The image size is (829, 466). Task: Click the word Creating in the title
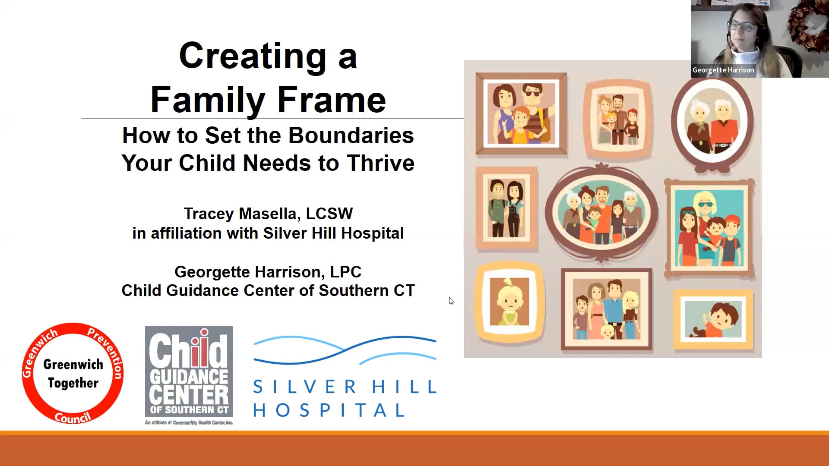coord(253,56)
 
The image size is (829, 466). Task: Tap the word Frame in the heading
coord(331,100)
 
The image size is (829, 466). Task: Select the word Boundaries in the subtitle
coord(351,135)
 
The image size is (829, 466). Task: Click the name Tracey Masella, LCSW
coord(268,214)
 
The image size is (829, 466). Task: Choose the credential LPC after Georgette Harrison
coord(345,272)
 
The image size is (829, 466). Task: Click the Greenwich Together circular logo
coord(73,373)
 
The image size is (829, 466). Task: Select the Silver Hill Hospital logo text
coord(345,398)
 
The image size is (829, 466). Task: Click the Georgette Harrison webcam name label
coord(723,70)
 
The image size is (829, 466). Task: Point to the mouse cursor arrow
coord(451,301)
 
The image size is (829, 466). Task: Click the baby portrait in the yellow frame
coord(509,302)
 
